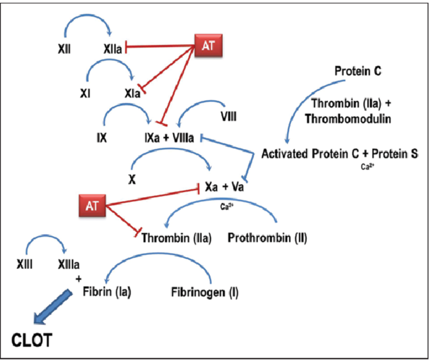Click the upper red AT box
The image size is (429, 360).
[209, 44]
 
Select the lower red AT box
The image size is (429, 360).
[92, 204]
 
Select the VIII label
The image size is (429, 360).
[229, 116]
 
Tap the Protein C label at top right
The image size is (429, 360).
[358, 71]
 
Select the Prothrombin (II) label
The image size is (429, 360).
[267, 237]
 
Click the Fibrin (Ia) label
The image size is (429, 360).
[107, 291]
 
